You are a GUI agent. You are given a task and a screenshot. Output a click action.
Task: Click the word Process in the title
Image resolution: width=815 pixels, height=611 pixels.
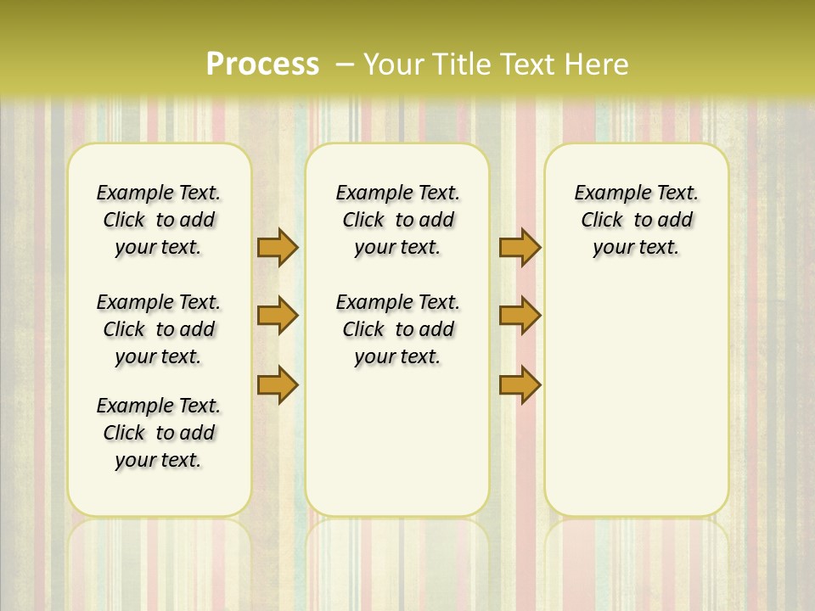coord(262,64)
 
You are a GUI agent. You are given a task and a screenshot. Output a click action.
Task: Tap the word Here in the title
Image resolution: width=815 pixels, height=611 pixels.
coord(598,64)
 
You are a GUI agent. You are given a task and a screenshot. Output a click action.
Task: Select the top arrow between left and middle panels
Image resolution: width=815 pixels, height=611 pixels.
coord(278,247)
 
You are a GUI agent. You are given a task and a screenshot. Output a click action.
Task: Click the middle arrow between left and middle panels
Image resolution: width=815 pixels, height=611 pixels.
coord(278,316)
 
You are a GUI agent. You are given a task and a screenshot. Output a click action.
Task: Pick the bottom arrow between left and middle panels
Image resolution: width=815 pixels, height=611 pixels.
coord(278,384)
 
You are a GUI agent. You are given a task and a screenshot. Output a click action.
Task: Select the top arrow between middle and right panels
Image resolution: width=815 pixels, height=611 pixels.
coord(520,247)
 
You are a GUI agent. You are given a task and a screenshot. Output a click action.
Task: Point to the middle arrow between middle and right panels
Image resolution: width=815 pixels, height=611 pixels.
coord(520,316)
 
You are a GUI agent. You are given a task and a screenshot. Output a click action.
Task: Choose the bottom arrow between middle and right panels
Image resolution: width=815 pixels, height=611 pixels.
coord(520,384)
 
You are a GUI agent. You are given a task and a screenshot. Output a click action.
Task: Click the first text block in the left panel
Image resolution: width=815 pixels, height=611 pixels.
coord(159,220)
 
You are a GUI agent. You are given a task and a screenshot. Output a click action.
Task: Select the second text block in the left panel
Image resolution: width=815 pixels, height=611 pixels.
coord(159,329)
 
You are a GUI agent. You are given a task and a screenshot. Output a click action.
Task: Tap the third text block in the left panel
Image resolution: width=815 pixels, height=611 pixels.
coord(159,433)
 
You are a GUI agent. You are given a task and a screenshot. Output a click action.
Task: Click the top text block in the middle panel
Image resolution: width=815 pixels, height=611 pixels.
coord(397,220)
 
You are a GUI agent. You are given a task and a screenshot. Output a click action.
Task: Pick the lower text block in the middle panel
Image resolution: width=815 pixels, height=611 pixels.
coord(397,329)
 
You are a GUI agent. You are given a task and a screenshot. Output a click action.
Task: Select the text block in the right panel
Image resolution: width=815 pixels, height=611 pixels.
coord(637,220)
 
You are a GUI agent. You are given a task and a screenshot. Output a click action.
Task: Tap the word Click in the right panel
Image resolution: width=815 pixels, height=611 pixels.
coord(602,221)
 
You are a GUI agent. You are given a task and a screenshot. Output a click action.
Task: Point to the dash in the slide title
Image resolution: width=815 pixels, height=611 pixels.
coord(346,64)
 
